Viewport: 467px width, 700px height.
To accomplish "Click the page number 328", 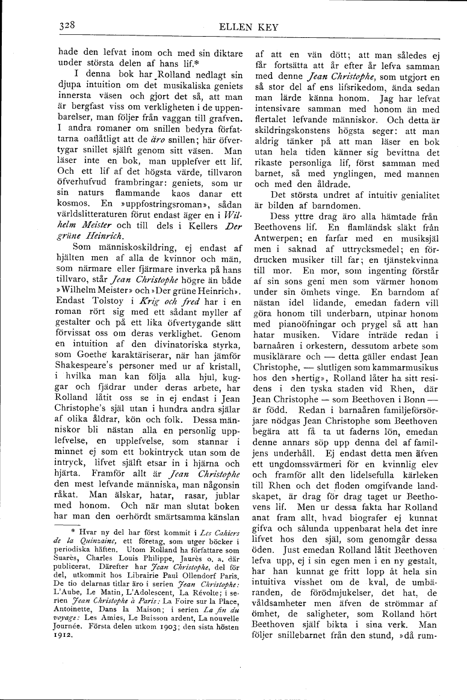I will pos(66,26).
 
